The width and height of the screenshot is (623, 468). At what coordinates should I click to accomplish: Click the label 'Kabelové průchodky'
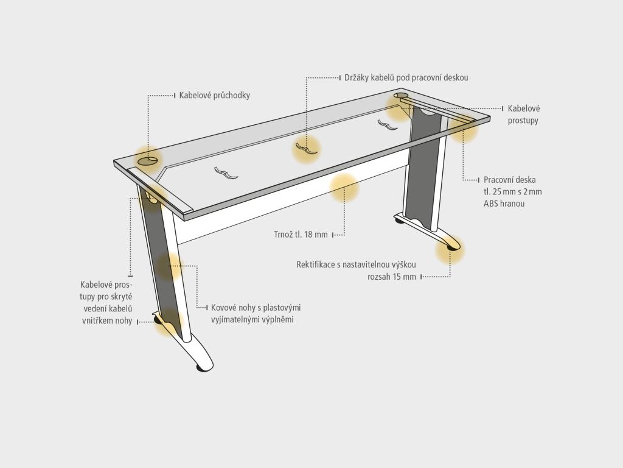[215, 96]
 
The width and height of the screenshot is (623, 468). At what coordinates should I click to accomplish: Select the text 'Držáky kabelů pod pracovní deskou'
[406, 77]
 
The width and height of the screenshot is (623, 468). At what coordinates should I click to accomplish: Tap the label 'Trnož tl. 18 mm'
[301, 235]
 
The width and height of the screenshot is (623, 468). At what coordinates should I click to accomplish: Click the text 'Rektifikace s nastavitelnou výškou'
[356, 264]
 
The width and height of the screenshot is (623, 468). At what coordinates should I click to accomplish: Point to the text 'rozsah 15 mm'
[392, 277]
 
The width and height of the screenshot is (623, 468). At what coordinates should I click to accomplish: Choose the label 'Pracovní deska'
[509, 180]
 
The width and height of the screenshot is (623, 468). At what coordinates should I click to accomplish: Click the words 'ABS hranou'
[504, 204]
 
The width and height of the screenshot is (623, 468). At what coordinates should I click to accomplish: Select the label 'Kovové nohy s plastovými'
[256, 308]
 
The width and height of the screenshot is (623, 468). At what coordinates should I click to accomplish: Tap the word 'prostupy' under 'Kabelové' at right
[523, 121]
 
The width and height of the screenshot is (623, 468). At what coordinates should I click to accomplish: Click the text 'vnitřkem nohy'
[107, 321]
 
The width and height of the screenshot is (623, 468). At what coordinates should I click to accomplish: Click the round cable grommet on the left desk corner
[148, 160]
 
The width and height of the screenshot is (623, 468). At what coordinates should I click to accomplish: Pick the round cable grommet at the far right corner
[401, 96]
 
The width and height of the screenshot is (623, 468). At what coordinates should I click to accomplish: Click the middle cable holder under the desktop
[307, 149]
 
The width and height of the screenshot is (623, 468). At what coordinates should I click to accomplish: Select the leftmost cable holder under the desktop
[226, 173]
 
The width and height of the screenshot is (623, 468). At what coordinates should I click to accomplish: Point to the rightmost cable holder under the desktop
[388, 124]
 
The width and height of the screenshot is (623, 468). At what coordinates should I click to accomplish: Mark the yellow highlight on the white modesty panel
[344, 188]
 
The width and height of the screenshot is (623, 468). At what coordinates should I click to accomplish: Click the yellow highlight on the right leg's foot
[450, 249]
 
